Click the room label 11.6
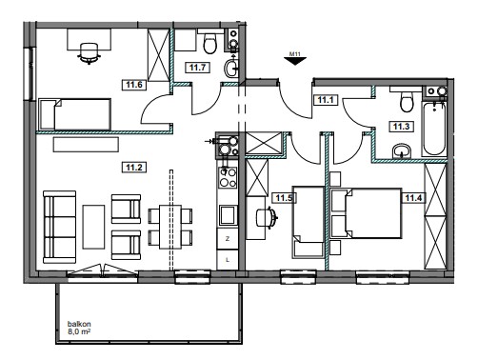pyautogui.click(x=134, y=85)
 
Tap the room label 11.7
pyautogui.click(x=197, y=68)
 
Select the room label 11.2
pyautogui.click(x=134, y=167)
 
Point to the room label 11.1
pyautogui.click(x=326, y=100)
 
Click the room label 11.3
pyautogui.click(x=401, y=127)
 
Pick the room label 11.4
pyautogui.click(x=413, y=198)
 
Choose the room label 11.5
pyautogui.click(x=284, y=198)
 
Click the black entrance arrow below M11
pyautogui.click(x=295, y=61)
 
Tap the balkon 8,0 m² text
pyautogui.click(x=79, y=328)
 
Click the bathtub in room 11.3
pyautogui.click(x=434, y=129)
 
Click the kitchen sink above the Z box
pyautogui.click(x=228, y=215)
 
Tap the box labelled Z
pyautogui.click(x=228, y=239)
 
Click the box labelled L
pyautogui.click(x=228, y=260)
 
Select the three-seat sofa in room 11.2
pyautogui.click(x=60, y=227)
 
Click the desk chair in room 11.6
pyautogui.click(x=89, y=53)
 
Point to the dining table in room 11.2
pyautogui.click(x=170, y=227)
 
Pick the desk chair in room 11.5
pyautogui.click(x=267, y=217)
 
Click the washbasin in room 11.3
pyautogui.click(x=402, y=150)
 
